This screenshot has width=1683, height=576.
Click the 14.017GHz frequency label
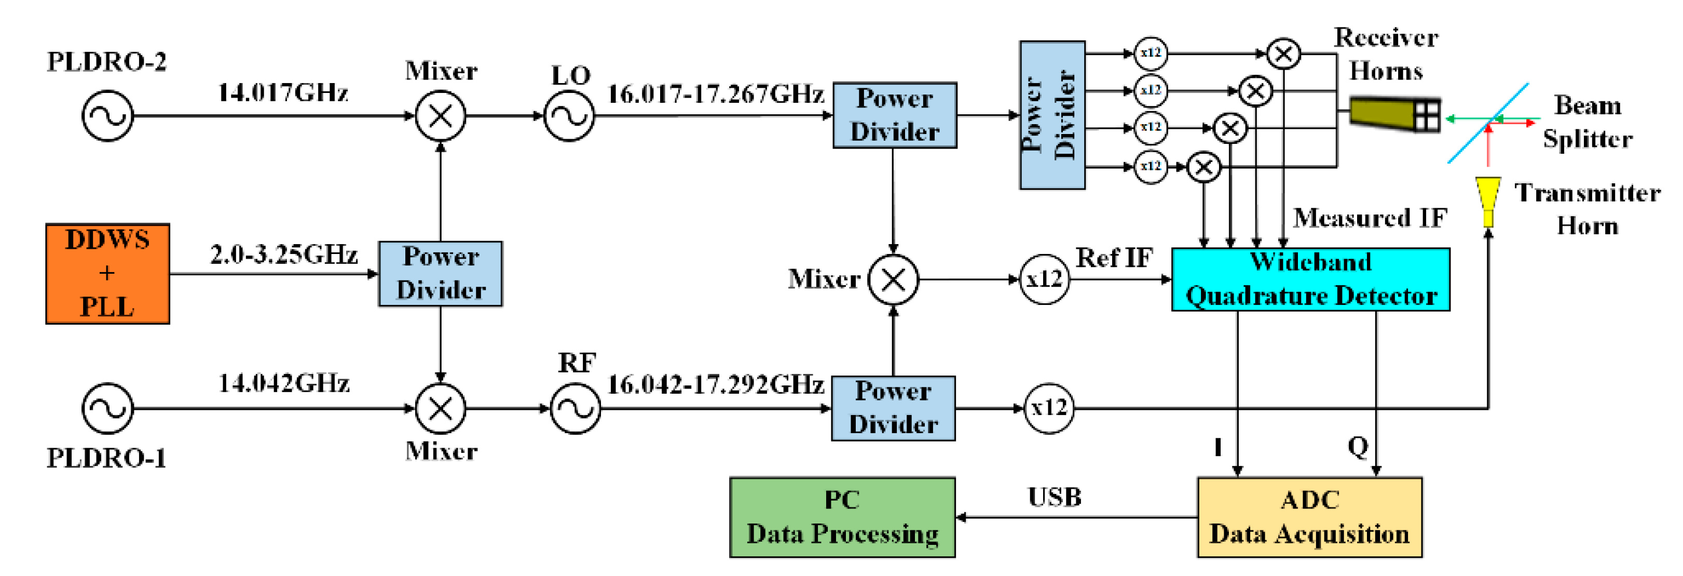tap(282, 93)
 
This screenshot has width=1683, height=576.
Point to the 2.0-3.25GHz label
tap(283, 254)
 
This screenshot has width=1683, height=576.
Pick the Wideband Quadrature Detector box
tap(1310, 279)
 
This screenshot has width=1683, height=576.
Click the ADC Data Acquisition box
tap(1309, 516)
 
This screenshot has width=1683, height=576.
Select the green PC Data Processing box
tap(842, 516)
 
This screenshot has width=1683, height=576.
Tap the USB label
tap(1054, 497)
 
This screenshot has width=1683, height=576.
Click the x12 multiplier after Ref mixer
tap(1044, 280)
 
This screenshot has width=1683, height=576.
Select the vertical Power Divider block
tap(1052, 115)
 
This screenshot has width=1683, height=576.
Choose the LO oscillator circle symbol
tap(569, 116)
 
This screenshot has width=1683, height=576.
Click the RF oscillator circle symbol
tap(575, 408)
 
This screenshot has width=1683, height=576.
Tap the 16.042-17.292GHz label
tap(715, 384)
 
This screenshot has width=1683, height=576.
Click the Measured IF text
tap(1370, 218)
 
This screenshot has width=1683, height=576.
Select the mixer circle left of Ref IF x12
tap(893, 280)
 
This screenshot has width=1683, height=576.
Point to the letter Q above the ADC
tap(1357, 447)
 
